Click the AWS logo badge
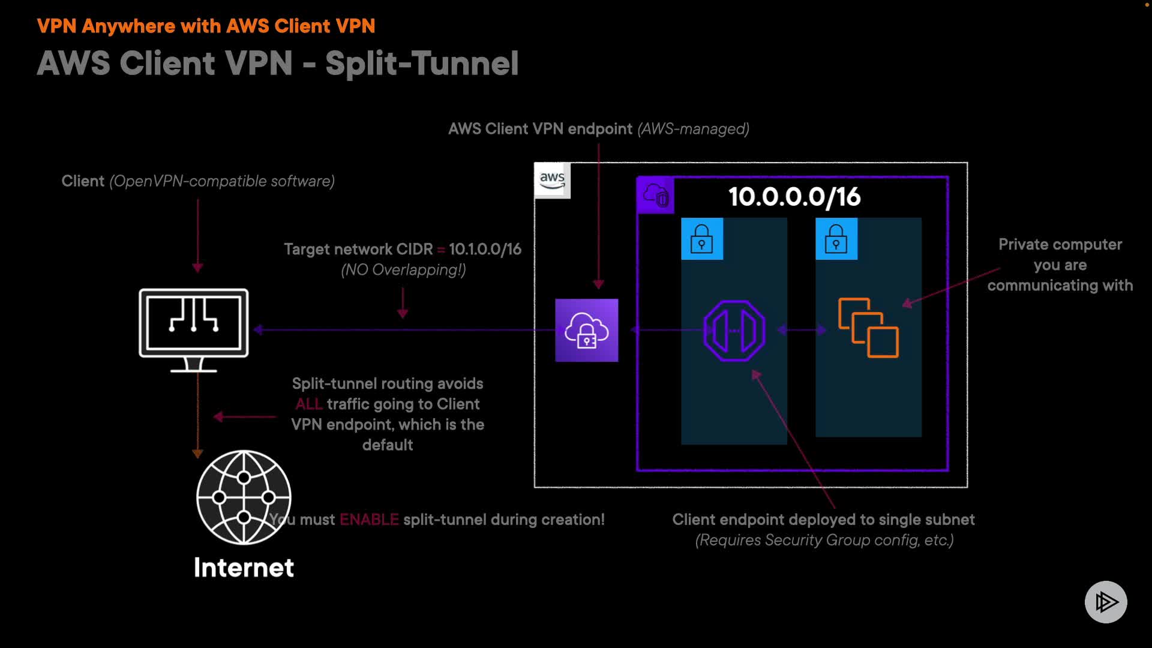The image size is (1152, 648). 552,180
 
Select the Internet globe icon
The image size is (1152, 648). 244,497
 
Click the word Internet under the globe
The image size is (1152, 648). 244,568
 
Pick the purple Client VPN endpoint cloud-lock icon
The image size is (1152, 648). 587,330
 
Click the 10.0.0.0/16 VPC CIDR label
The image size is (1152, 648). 794,197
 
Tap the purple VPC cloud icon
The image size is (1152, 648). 655,195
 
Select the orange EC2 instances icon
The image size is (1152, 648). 868,328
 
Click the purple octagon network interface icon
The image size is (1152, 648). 734,331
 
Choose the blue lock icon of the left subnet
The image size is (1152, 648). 702,239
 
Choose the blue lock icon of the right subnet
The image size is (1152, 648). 836,239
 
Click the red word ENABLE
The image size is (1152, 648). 369,520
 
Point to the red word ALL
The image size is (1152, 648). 309,404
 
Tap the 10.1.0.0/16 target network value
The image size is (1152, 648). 485,249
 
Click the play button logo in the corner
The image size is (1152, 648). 1106,602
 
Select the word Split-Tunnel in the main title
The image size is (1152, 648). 422,63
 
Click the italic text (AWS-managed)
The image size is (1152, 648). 693,129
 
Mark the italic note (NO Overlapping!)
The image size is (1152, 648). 403,270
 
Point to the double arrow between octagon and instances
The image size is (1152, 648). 802,329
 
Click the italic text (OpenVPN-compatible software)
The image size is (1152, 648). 222,181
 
